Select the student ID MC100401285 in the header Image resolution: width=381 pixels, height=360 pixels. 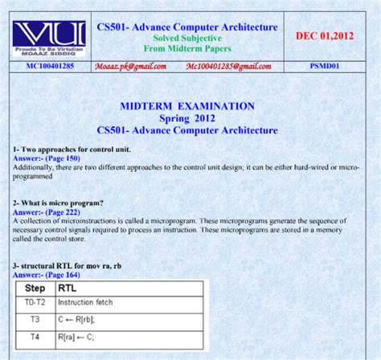click(x=49, y=66)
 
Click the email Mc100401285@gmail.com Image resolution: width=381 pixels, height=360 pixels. click(x=228, y=66)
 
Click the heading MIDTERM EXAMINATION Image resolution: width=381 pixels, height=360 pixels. click(x=186, y=105)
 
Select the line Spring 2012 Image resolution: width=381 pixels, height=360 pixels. click(x=186, y=117)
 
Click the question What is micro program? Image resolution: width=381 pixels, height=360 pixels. click(x=58, y=202)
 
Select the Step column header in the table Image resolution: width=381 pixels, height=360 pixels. click(x=35, y=287)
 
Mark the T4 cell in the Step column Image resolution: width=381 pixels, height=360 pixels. click(x=35, y=337)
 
